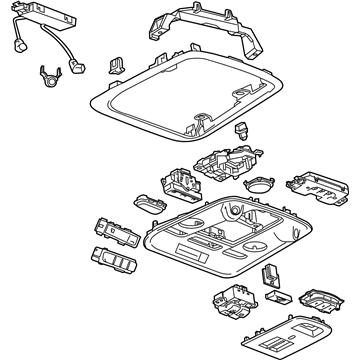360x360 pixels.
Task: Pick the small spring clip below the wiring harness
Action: tap(46, 74)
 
